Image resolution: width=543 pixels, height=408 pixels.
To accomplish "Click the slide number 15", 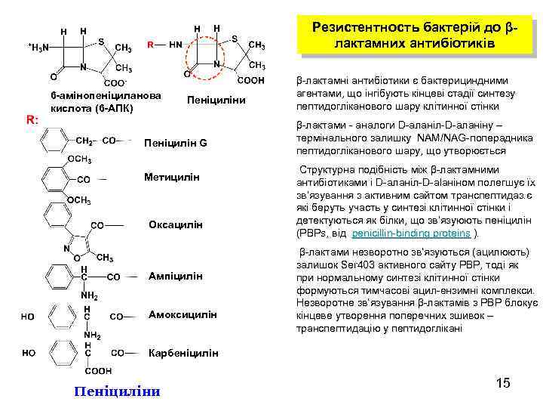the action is click(503, 384).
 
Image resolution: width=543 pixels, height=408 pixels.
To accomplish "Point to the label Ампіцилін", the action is click(175, 276).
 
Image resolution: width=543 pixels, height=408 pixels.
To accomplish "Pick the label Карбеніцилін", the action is click(184, 352).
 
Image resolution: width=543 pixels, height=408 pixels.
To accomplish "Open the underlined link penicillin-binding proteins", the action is click(410, 233).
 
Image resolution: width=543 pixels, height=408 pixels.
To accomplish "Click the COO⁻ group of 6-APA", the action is click(115, 82).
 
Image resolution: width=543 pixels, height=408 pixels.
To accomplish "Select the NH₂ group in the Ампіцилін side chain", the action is click(90, 295).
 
